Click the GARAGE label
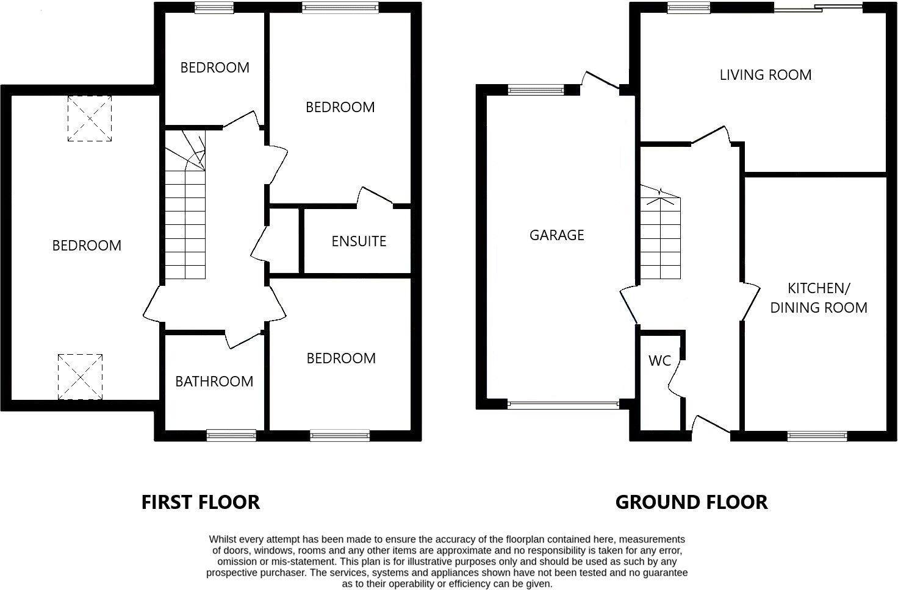pyautogui.click(x=556, y=235)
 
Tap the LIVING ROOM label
pyautogui.click(x=765, y=75)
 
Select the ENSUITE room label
pyautogui.click(x=359, y=241)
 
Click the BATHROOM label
pyautogui.click(x=214, y=382)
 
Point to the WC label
pyautogui.click(x=659, y=361)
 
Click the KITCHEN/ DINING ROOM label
pyautogui.click(x=819, y=297)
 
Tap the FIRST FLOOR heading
pyautogui.click(x=201, y=502)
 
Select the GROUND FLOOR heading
pyautogui.click(x=691, y=502)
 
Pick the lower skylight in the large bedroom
pyautogui.click(x=81, y=376)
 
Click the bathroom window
pyautogui.click(x=231, y=435)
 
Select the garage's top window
pyautogui.click(x=536, y=90)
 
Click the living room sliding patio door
pyautogui.click(x=818, y=8)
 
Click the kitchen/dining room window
pyautogui.click(x=817, y=435)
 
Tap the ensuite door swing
pyautogui.click(x=373, y=196)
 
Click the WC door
pyautogui.click(x=676, y=378)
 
